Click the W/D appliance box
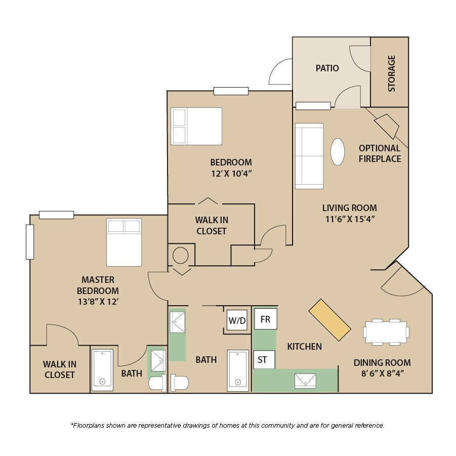(x=237, y=320)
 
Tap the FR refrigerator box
(x=266, y=319)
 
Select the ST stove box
(x=264, y=360)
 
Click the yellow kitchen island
(x=330, y=320)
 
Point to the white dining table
(x=386, y=332)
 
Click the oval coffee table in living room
(x=338, y=152)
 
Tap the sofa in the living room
(x=309, y=156)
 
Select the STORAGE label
(x=391, y=73)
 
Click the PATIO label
(x=327, y=68)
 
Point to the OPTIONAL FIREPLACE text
(x=380, y=153)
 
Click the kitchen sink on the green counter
(x=305, y=381)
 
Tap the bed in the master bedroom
(x=124, y=242)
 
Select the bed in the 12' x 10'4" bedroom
(x=196, y=126)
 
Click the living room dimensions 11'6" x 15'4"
(x=350, y=219)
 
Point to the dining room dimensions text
(x=383, y=373)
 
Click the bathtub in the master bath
(x=102, y=370)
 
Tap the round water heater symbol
(x=180, y=256)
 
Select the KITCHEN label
(x=305, y=346)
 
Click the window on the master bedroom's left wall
(x=30, y=242)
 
